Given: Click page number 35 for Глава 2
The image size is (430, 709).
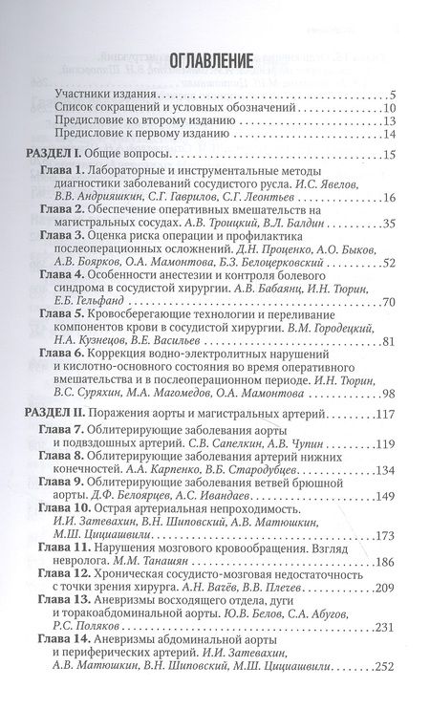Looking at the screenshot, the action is (x=388, y=226).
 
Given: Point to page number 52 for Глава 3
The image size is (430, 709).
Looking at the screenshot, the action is (x=388, y=264).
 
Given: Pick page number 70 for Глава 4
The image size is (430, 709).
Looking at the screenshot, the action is (x=388, y=303).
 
